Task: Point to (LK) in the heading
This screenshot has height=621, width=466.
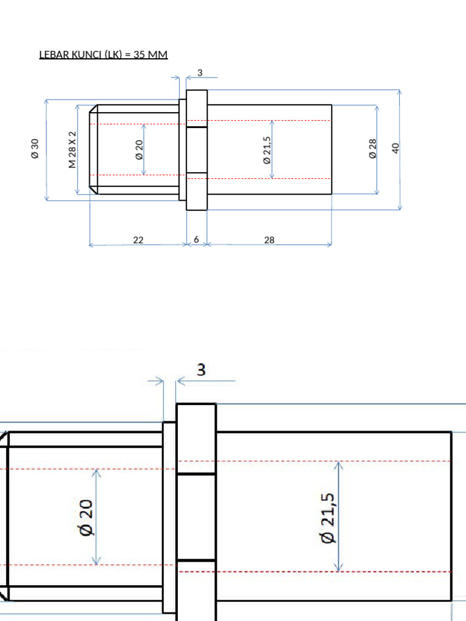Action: (113, 55)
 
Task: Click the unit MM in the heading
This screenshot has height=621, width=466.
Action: (158, 55)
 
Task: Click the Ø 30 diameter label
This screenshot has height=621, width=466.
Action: (35, 149)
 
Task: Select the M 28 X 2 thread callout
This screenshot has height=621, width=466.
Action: (72, 149)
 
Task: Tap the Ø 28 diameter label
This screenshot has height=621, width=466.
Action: (373, 149)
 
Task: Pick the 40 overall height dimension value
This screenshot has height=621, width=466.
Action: (396, 148)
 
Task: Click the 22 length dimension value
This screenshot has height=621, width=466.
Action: (138, 240)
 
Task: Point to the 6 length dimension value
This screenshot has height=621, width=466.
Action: (197, 240)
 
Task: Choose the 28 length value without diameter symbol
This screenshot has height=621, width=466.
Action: (269, 240)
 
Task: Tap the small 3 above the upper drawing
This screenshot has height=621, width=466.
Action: (200, 73)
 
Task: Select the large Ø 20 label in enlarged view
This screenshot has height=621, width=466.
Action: (86, 517)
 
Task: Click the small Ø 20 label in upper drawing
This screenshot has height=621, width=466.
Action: (139, 149)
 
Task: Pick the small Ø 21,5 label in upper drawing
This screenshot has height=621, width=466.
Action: (266, 150)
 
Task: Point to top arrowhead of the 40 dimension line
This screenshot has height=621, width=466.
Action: (399, 93)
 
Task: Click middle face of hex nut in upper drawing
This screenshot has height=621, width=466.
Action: (197, 150)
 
